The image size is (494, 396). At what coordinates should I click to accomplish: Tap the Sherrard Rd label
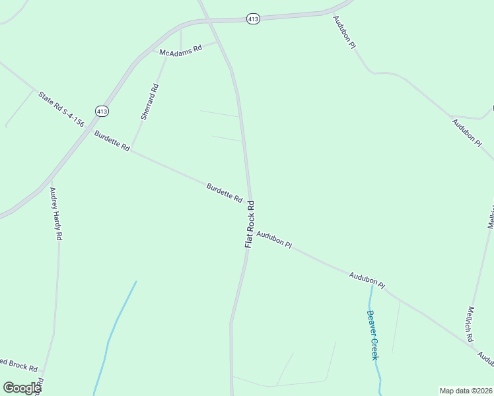pyautogui.click(x=149, y=102)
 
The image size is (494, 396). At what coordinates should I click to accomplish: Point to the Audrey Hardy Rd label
pyautogui.click(x=56, y=213)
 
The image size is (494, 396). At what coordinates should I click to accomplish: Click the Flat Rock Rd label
pyautogui.click(x=250, y=224)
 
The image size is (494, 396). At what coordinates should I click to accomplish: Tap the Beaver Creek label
pyautogui.click(x=372, y=335)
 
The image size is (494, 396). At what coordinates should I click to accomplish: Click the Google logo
pyautogui.click(x=22, y=388)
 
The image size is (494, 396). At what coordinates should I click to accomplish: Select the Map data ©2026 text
pyautogui.click(x=466, y=391)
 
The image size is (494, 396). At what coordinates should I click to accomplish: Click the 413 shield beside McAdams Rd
pyautogui.click(x=253, y=19)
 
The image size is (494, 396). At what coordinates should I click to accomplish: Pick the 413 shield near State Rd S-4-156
pyautogui.click(x=101, y=111)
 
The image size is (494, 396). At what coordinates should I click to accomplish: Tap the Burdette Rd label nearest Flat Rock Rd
pyautogui.click(x=225, y=193)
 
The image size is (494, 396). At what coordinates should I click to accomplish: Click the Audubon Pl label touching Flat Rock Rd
pyautogui.click(x=274, y=239)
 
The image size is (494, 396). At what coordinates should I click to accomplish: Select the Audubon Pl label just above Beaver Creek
pyautogui.click(x=367, y=280)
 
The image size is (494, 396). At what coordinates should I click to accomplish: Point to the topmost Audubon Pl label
pyautogui.click(x=344, y=31)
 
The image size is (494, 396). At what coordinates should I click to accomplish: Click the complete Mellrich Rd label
pyautogui.click(x=470, y=324)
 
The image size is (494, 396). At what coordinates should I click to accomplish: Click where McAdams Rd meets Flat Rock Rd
pyautogui.click(x=217, y=41)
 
